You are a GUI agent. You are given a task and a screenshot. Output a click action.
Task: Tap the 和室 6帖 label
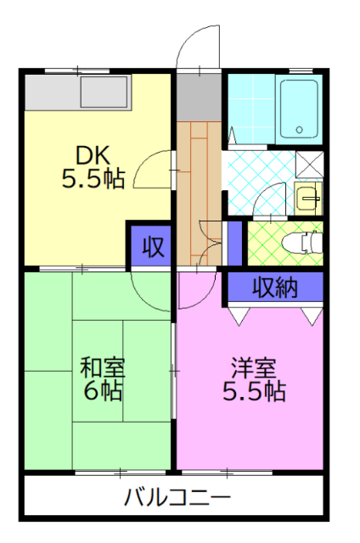pos(102,379)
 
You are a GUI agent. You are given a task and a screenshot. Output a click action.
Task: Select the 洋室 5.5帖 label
pos(254,379)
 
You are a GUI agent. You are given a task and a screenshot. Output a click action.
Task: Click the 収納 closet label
pos(273,288)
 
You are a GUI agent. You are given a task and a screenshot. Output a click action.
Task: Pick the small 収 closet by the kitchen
pos(151,247)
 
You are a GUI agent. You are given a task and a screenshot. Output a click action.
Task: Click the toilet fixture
pos(306,242)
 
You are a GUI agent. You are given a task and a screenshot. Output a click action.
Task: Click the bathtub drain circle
pos(298,130)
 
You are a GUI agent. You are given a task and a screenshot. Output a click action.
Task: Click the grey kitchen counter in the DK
pos(76,92)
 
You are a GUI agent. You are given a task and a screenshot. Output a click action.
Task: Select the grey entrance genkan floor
pos(198,96)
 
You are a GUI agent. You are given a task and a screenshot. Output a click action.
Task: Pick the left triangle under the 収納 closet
pos(238,315)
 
